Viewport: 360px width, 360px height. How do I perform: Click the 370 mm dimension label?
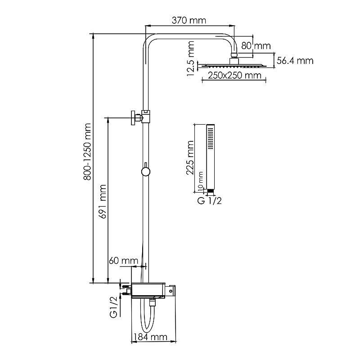pyautogui.click(x=189, y=20)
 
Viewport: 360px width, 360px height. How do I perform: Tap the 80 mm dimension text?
pyautogui.click(x=256, y=46)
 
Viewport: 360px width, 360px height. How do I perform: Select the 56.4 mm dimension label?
pyautogui.click(x=295, y=61)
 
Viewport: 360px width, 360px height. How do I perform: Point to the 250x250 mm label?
pyautogui.click(x=234, y=75)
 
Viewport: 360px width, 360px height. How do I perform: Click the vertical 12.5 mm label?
pyautogui.click(x=190, y=59)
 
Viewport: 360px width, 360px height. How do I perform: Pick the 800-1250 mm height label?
pyautogui.click(x=87, y=152)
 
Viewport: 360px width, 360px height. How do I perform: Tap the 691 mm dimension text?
pyautogui.click(x=103, y=201)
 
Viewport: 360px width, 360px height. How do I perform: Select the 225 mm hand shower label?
pyautogui.click(x=190, y=158)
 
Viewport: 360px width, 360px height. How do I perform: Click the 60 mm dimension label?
pyautogui.click(x=123, y=261)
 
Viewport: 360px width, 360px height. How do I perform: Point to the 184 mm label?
pyautogui.click(x=150, y=337)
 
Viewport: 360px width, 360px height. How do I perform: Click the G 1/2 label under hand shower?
pyautogui.click(x=210, y=201)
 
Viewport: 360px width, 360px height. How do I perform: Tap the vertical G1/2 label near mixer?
pyautogui.click(x=114, y=307)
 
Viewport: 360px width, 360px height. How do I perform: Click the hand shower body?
pyautogui.click(x=210, y=157)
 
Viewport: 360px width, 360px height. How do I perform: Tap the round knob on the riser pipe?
pyautogui.click(x=145, y=172)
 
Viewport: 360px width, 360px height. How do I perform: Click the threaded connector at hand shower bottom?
pyautogui.click(x=210, y=191)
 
